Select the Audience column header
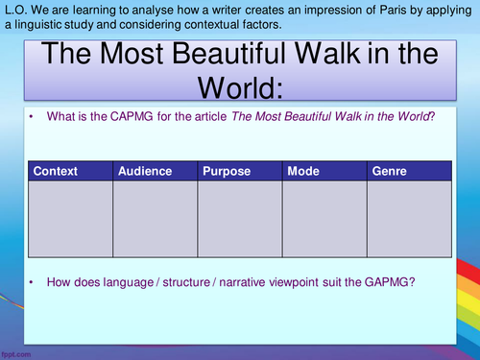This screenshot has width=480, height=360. click(144, 171)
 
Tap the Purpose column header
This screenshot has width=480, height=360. click(227, 171)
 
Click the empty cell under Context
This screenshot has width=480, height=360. click(70, 220)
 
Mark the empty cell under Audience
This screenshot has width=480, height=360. click(155, 220)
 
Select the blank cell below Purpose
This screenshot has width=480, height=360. click(239, 220)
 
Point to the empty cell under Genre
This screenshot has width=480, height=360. click(408, 220)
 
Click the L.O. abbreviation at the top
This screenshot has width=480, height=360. click(13, 9)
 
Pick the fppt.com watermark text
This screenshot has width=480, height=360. click(16, 354)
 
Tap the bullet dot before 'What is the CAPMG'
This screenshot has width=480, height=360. click(31, 116)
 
